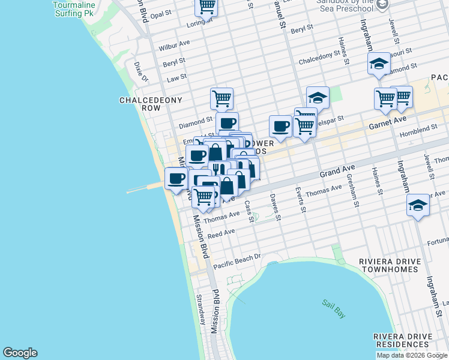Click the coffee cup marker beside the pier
click(x=176, y=179)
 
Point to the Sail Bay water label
click(x=331, y=305)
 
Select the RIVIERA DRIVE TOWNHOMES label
click(x=388, y=266)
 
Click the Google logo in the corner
click(x=20, y=353)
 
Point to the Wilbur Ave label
click(x=174, y=46)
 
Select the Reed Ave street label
click(x=221, y=232)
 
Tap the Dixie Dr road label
click(x=141, y=71)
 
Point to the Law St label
click(x=176, y=77)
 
